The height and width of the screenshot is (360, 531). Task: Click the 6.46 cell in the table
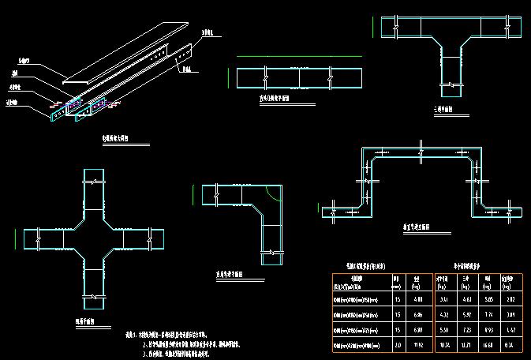[421, 315]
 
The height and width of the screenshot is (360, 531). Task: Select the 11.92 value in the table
[421, 345]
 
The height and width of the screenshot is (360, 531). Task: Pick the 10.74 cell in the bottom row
[444, 345]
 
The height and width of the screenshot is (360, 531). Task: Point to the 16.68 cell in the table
[488, 345]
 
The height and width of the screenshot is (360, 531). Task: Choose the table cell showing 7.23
[466, 330]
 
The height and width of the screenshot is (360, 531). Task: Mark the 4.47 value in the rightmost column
[510, 330]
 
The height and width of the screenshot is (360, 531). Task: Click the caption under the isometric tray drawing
[114, 137]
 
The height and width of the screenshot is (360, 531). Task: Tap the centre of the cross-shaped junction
[93, 238]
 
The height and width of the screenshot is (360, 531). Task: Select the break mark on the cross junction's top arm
[93, 182]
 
